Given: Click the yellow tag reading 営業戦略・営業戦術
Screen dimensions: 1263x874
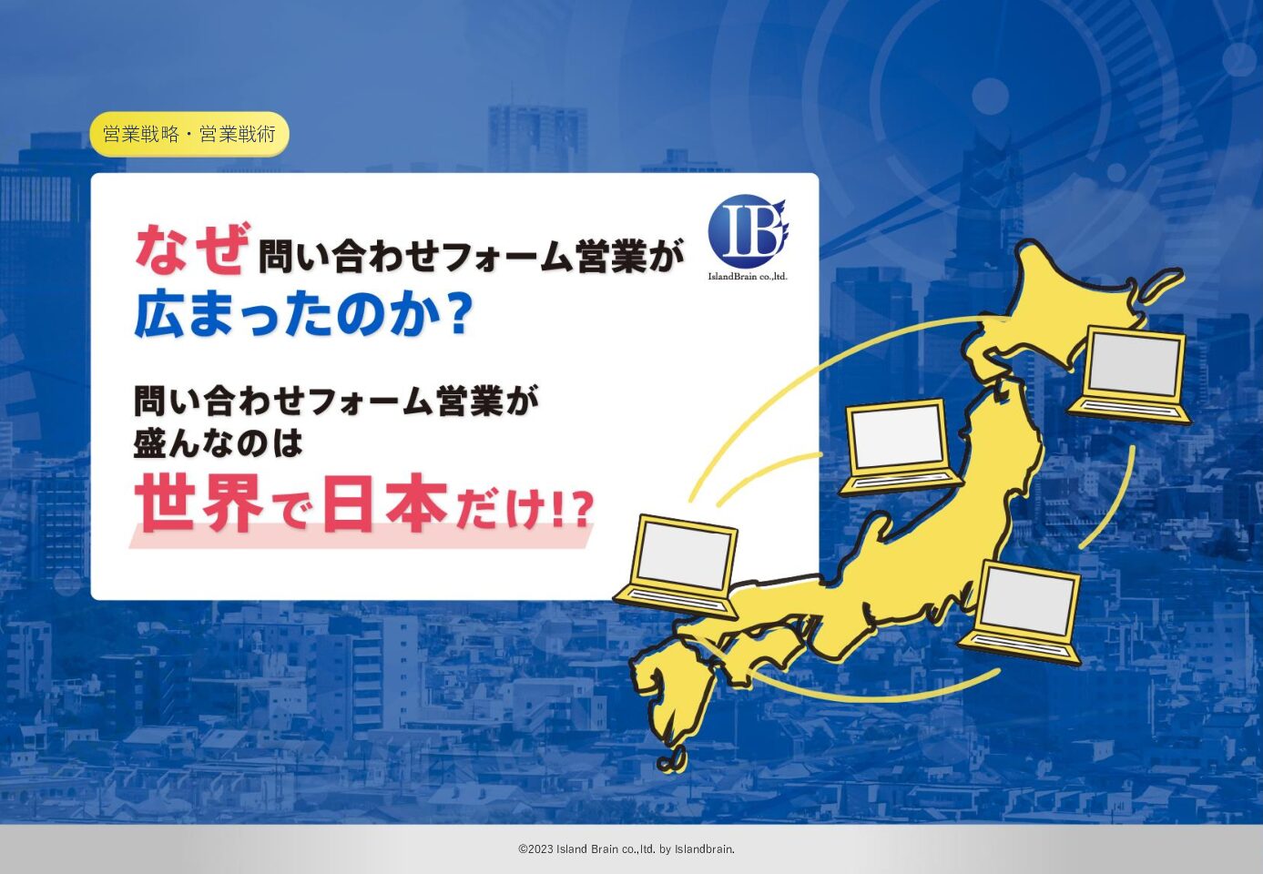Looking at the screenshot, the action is tap(189, 134).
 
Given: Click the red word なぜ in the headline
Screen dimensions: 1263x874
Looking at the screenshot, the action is tap(193, 249).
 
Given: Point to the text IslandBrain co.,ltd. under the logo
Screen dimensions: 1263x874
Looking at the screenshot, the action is tap(748, 276).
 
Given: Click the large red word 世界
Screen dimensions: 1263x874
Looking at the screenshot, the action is tap(199, 503).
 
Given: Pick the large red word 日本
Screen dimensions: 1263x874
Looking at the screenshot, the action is tap(384, 503).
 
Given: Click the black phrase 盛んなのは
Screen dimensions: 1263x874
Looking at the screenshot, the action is tap(218, 443).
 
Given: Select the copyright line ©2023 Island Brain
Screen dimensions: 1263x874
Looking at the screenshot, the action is tap(626, 849).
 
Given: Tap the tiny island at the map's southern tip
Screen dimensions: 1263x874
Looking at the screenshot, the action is tap(672, 761).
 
